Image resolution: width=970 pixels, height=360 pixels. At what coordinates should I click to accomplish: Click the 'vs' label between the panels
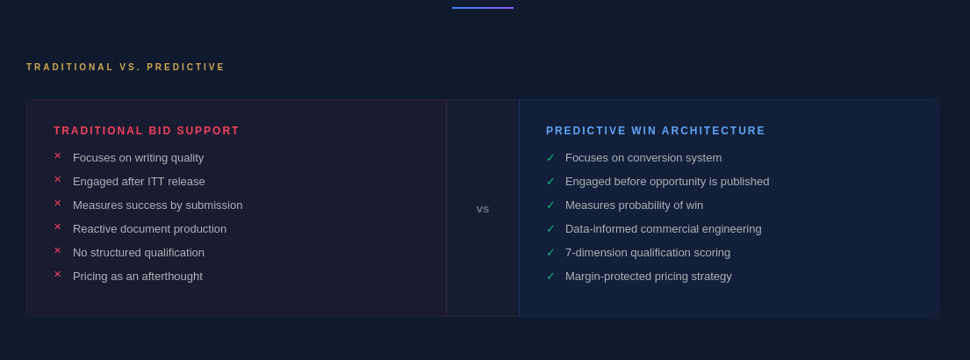(x=483, y=209)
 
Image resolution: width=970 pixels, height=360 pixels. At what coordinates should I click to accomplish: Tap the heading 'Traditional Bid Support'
(x=147, y=131)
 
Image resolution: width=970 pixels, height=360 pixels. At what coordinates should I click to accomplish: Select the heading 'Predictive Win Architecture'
(x=656, y=131)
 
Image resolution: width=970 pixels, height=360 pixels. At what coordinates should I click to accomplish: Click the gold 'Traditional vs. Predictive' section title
(x=126, y=68)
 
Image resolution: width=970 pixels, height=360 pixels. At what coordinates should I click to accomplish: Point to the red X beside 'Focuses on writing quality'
(x=58, y=156)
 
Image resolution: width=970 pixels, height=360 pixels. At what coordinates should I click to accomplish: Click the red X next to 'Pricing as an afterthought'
(x=58, y=274)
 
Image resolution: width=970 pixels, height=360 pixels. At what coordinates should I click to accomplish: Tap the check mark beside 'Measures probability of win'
(x=550, y=205)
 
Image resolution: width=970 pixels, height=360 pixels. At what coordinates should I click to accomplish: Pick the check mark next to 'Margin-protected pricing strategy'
(x=550, y=277)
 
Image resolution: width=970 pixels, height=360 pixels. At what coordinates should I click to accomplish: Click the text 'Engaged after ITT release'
(x=140, y=182)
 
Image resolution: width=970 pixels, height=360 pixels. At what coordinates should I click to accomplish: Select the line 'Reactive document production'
(x=150, y=229)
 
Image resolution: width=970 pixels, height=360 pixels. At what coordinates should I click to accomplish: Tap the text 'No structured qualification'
(x=139, y=253)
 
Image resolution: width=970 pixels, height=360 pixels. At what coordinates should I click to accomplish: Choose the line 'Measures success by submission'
(x=158, y=205)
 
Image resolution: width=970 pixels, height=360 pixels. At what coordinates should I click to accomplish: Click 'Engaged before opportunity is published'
(x=667, y=182)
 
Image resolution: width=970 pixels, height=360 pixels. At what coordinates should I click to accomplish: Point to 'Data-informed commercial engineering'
(x=664, y=229)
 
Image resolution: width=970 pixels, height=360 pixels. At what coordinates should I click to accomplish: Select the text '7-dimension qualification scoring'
(x=648, y=253)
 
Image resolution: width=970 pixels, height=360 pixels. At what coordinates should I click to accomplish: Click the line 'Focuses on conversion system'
(x=643, y=158)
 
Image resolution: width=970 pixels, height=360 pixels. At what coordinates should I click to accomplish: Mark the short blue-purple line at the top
(x=483, y=8)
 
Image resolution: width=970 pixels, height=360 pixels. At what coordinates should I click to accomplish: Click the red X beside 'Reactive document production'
(x=58, y=227)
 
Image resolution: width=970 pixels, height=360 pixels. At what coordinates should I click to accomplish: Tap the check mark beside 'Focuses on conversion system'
(x=550, y=158)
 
